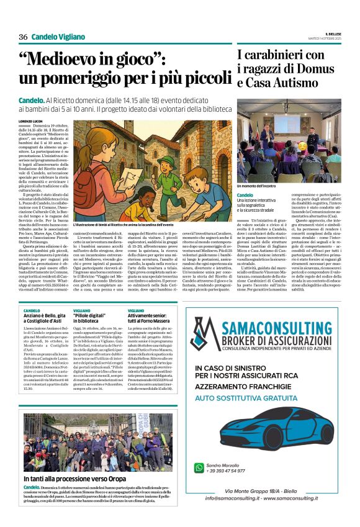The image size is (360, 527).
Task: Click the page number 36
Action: click(23, 37)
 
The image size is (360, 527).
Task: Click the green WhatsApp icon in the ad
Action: click(199, 467)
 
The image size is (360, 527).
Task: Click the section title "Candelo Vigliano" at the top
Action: click(58, 37)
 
